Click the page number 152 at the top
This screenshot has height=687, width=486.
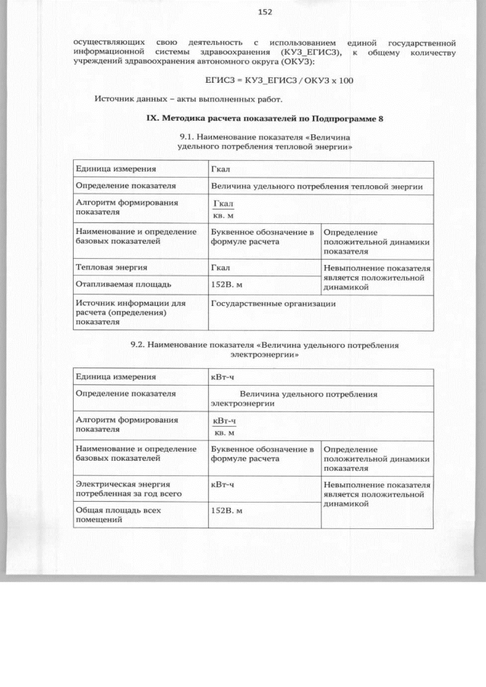click(264, 11)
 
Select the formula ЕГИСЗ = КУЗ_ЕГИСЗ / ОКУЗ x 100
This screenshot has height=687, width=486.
click(279, 80)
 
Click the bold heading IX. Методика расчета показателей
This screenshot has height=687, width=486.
click(264, 119)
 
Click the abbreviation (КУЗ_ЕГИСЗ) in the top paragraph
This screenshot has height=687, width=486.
click(308, 52)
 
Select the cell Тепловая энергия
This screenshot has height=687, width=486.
click(111, 267)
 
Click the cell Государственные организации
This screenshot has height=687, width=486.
click(273, 303)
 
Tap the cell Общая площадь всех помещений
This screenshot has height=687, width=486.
click(118, 515)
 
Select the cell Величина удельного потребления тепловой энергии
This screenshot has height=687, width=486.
click(316, 185)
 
